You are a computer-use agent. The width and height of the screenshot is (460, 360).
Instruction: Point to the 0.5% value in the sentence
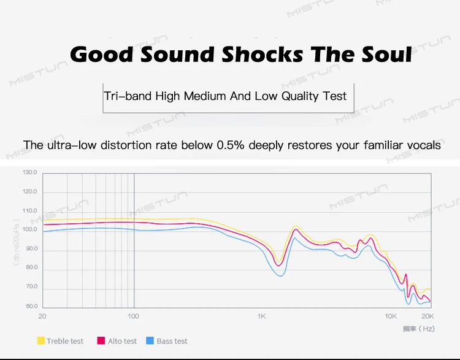(x=230, y=145)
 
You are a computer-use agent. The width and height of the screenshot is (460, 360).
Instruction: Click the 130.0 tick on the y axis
(x=29, y=172)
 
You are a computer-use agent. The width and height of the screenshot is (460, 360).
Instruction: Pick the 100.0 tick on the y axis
(x=29, y=230)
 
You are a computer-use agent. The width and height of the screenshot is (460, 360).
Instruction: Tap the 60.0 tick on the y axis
(x=31, y=306)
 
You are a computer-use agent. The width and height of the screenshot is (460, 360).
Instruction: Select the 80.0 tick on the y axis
(x=31, y=268)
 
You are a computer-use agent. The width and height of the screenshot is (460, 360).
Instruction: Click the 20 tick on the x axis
(x=42, y=316)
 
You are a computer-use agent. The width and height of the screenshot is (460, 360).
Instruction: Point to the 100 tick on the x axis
(x=133, y=316)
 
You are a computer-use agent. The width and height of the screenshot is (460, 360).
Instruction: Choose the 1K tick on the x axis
(x=262, y=316)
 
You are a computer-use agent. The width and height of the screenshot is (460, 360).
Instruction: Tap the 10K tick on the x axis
(x=391, y=316)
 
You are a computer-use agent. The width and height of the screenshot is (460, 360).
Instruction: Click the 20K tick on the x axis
(x=427, y=316)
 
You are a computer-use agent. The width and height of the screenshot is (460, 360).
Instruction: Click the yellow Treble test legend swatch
(x=41, y=341)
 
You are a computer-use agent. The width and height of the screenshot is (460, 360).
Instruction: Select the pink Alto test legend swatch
(x=101, y=341)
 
